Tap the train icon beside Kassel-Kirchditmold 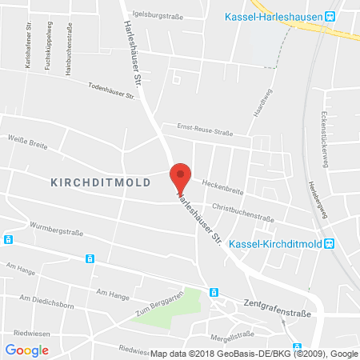tap(329, 245)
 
